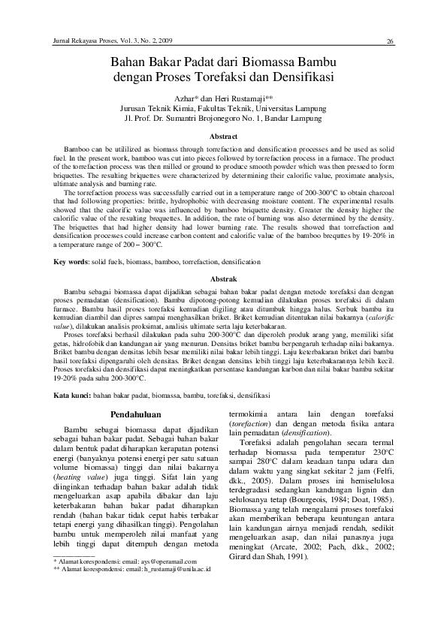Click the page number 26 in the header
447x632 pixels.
pyautogui.click(x=391, y=41)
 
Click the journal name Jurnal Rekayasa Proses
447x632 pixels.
pyautogui.click(x=80, y=40)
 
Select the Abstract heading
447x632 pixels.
pyautogui.click(x=222, y=137)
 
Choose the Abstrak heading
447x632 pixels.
pyautogui.click(x=222, y=278)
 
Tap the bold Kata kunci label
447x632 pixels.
pyautogui.click(x=72, y=394)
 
